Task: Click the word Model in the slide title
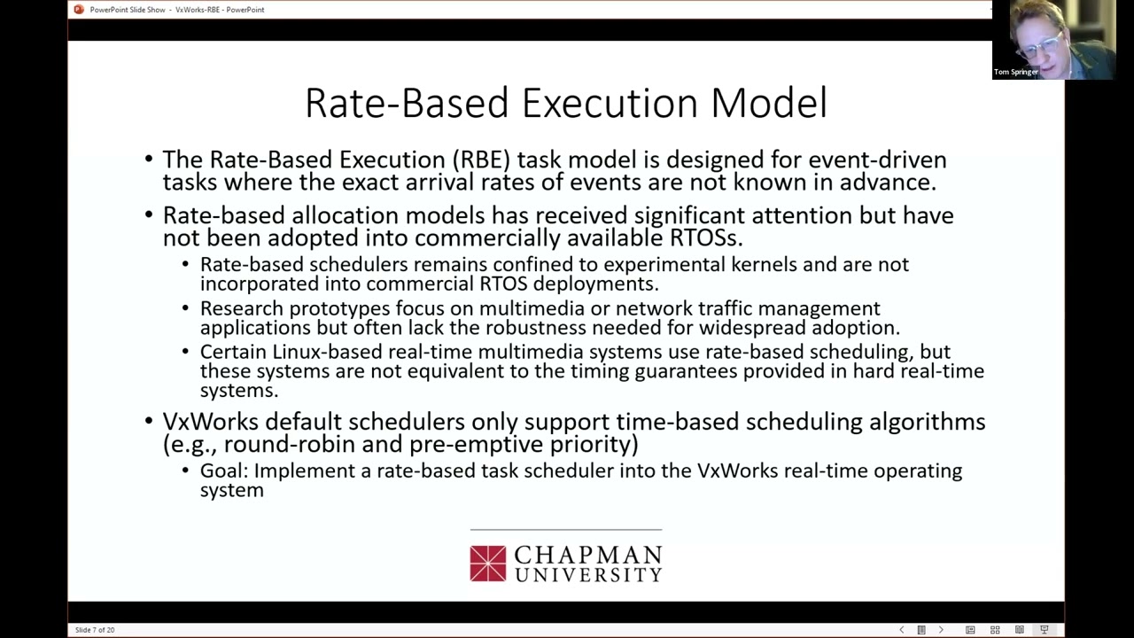coord(768,103)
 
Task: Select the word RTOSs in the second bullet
coord(705,237)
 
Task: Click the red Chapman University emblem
coord(487,564)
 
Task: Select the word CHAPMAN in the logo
coord(587,556)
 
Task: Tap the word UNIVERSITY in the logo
coord(587,575)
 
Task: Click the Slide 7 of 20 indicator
coord(95,630)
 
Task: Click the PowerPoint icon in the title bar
coord(79,10)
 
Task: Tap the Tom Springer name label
coord(1016,72)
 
